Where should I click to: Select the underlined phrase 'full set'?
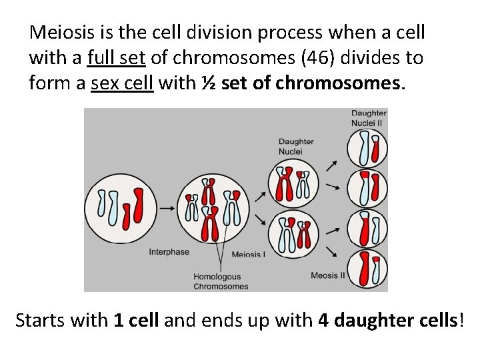117,58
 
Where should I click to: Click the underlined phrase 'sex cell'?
122,84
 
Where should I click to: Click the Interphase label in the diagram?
169,252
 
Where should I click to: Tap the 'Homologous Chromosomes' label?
221,281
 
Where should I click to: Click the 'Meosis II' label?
328,275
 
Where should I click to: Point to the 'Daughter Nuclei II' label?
369,118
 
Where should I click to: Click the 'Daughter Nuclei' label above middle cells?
295,146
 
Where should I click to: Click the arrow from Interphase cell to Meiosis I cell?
168,208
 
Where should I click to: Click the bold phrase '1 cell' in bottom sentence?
136,320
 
